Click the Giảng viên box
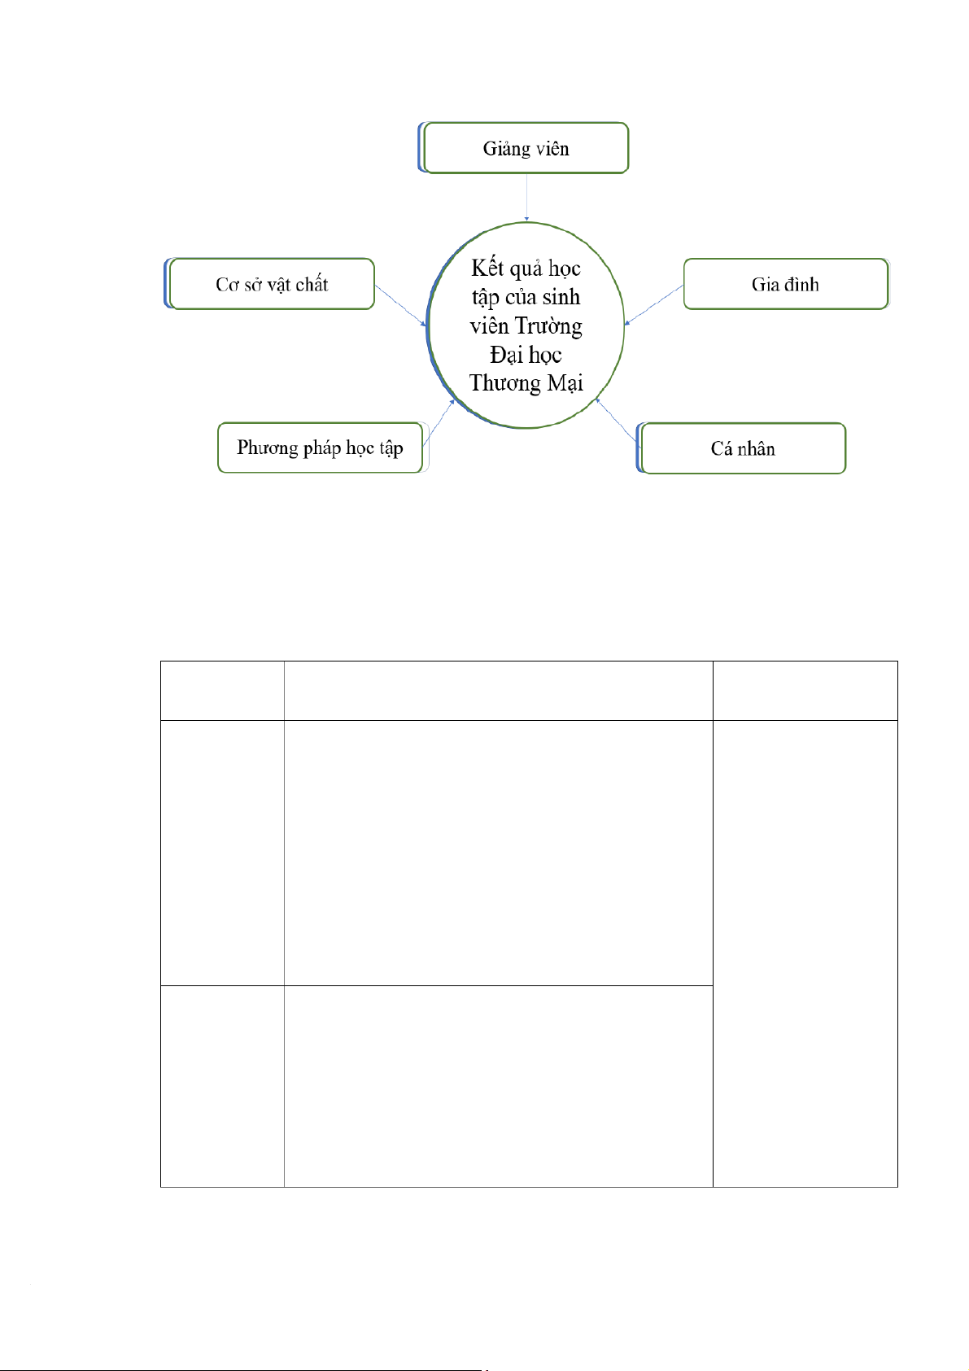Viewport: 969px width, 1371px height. click(523, 148)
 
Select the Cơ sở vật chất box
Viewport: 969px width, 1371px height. click(270, 284)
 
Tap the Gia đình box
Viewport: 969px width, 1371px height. click(786, 284)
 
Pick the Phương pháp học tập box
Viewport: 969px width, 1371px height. click(322, 448)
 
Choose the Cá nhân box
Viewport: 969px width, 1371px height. click(741, 448)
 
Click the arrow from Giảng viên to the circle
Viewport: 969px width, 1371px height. click(526, 197)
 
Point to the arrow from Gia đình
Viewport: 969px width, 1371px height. click(654, 304)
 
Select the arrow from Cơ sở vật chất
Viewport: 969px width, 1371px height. click(400, 305)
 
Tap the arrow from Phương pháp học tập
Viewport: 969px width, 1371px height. click(439, 423)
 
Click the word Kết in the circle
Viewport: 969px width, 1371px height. click(487, 268)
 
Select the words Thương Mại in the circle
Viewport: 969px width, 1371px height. click(526, 383)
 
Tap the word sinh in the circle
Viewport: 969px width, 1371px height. click(561, 297)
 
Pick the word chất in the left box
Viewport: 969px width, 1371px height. click(312, 284)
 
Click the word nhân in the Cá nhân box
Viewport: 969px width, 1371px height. click(756, 448)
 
